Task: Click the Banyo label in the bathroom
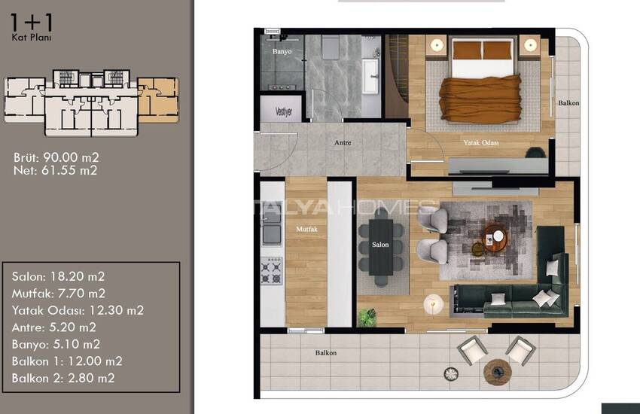282,51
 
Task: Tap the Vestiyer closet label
284,111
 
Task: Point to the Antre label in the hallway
343,142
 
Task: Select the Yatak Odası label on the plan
481,142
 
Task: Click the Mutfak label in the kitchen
306,230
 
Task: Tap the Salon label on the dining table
380,245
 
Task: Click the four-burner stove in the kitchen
271,271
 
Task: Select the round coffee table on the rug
494,238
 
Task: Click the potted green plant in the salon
367,317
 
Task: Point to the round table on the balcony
497,372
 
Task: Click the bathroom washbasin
371,76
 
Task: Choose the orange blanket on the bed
480,99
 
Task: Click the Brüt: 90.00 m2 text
56,157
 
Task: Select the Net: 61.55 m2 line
56,170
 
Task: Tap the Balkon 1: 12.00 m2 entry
67,361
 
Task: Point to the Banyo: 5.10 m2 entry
56,344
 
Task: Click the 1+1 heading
32,23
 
